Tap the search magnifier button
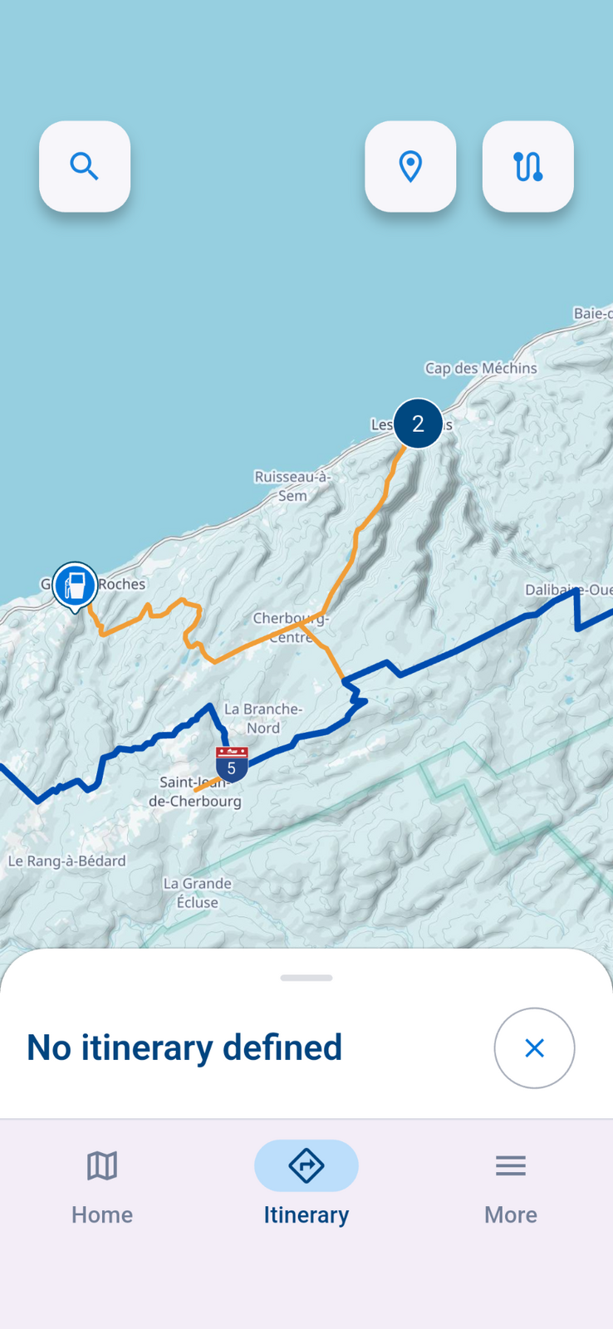click(85, 166)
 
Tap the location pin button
click(410, 166)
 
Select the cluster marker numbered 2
click(418, 424)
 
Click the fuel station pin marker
click(76, 585)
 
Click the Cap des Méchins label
click(481, 368)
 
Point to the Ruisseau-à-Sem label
click(292, 486)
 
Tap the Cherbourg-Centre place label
click(291, 628)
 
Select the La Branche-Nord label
click(263, 718)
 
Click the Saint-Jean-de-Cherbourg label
click(194, 792)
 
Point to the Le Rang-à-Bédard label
click(67, 861)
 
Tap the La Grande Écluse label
click(197, 893)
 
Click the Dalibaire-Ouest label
click(569, 590)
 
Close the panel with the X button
click(534, 1048)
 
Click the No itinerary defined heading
click(184, 1047)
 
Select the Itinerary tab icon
click(306, 1166)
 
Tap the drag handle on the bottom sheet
click(306, 978)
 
